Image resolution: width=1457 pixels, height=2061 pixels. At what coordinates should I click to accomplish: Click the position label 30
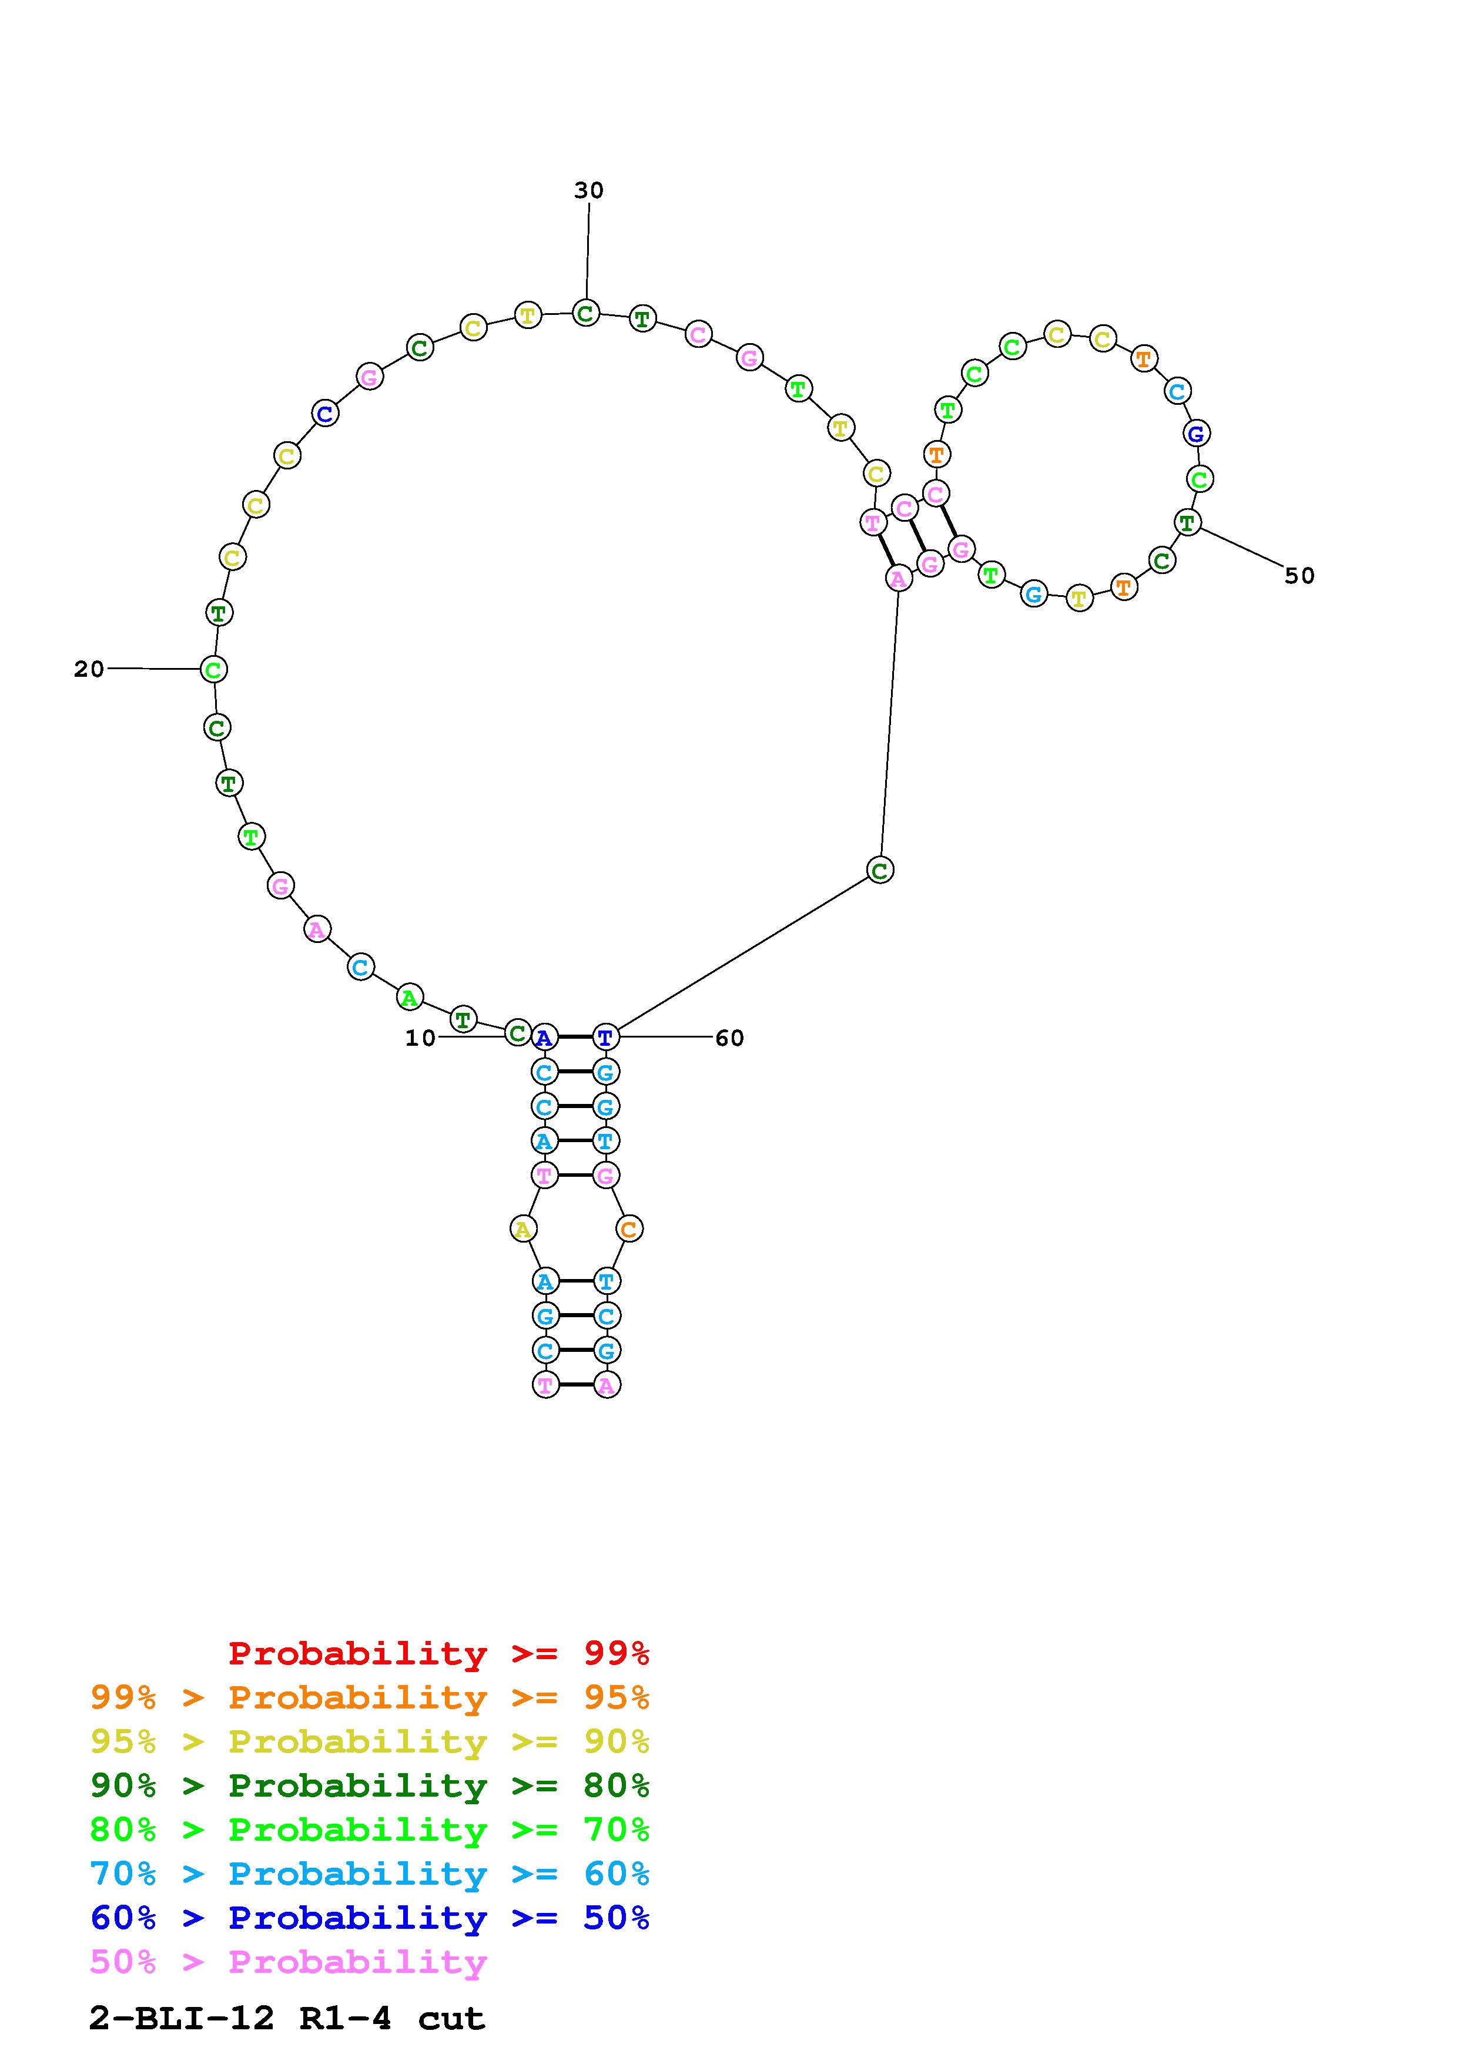coord(589,190)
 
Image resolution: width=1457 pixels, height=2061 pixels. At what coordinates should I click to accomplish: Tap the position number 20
coord(89,669)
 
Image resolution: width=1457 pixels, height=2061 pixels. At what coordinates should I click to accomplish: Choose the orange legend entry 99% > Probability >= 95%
coord(370,1697)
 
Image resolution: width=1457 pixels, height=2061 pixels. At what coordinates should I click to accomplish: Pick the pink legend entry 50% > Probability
coord(288,1961)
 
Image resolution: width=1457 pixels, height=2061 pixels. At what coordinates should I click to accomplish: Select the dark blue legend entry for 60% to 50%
coord(370,1918)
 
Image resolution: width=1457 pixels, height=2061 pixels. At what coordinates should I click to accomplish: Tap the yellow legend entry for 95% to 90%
coord(370,1741)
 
